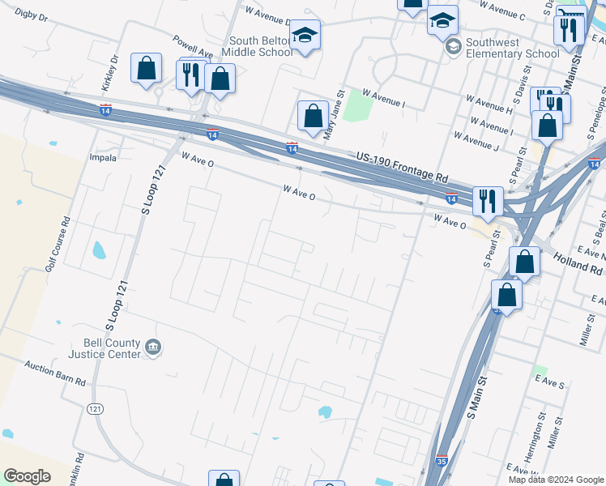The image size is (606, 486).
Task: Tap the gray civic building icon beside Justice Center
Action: (x=153, y=348)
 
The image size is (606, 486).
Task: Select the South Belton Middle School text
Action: (x=260, y=47)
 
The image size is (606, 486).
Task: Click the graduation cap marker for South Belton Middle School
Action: (x=305, y=35)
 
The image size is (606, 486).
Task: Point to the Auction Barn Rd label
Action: (x=55, y=369)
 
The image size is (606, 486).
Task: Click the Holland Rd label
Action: (x=578, y=263)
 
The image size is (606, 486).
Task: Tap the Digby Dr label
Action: (x=32, y=15)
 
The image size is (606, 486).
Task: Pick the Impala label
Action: (x=103, y=158)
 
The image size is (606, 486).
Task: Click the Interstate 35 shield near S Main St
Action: (x=442, y=460)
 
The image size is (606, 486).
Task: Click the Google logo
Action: (x=28, y=476)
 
